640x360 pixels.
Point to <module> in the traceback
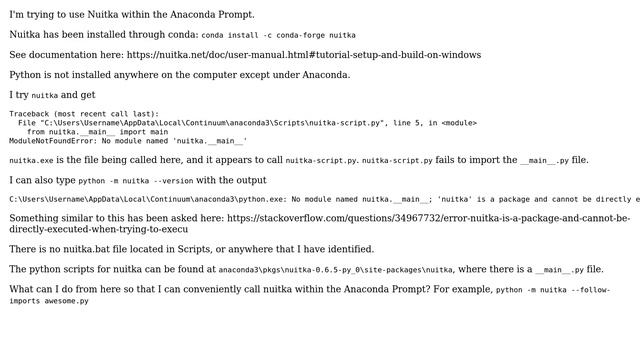click(x=459, y=123)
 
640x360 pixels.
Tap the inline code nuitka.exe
click(x=30, y=160)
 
